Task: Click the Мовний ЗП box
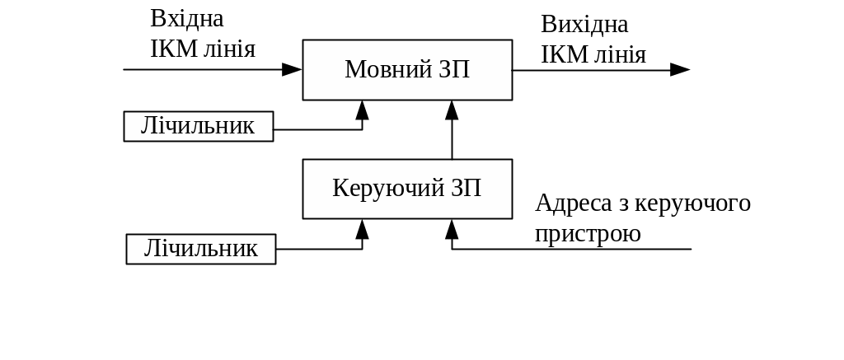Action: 407,69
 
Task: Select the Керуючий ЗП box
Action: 407,189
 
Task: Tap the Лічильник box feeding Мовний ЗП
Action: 199,127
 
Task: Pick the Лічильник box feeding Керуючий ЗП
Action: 201,249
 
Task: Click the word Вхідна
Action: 187,19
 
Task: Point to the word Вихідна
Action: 585,25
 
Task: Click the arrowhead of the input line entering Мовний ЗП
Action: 292,69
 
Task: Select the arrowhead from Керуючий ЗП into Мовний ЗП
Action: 452,110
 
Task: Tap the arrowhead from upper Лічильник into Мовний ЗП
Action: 362,110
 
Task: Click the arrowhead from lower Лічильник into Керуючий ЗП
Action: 362,229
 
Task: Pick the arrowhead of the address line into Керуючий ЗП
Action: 452,229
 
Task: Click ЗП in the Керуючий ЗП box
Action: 467,189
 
